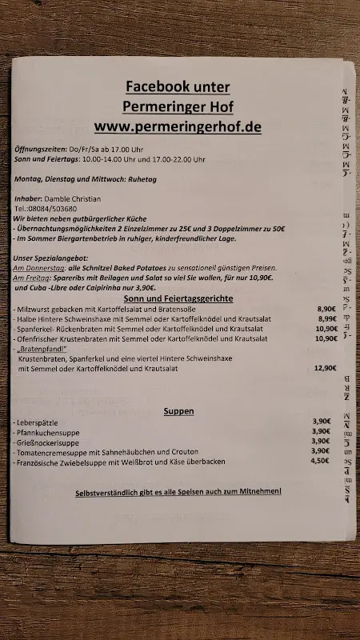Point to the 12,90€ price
click(x=326, y=368)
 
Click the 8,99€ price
click(x=326, y=318)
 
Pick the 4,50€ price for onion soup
click(x=320, y=461)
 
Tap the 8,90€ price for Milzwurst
click(x=326, y=308)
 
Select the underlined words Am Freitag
click(x=34, y=278)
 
